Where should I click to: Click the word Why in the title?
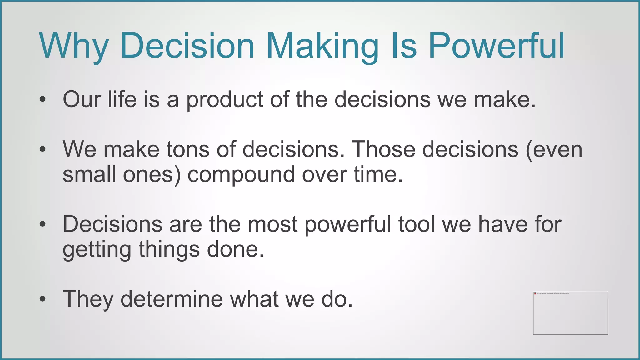point(74,46)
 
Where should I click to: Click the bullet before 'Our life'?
point(43,100)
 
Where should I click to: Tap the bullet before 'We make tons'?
point(43,149)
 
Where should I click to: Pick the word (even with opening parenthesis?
point(554,149)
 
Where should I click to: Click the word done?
point(233,249)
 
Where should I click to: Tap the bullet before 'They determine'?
point(43,299)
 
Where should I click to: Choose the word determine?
point(172,299)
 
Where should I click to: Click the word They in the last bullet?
point(88,299)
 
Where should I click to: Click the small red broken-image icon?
point(535,293)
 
